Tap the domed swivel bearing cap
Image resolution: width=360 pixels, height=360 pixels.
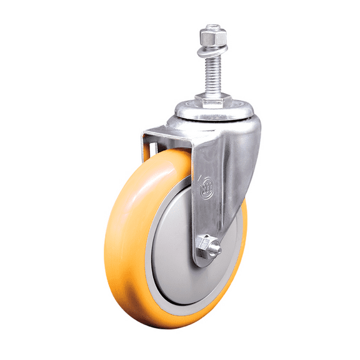point(212,116)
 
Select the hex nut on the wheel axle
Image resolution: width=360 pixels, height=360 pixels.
point(204,245)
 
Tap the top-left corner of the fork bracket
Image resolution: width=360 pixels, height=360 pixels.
point(146,132)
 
